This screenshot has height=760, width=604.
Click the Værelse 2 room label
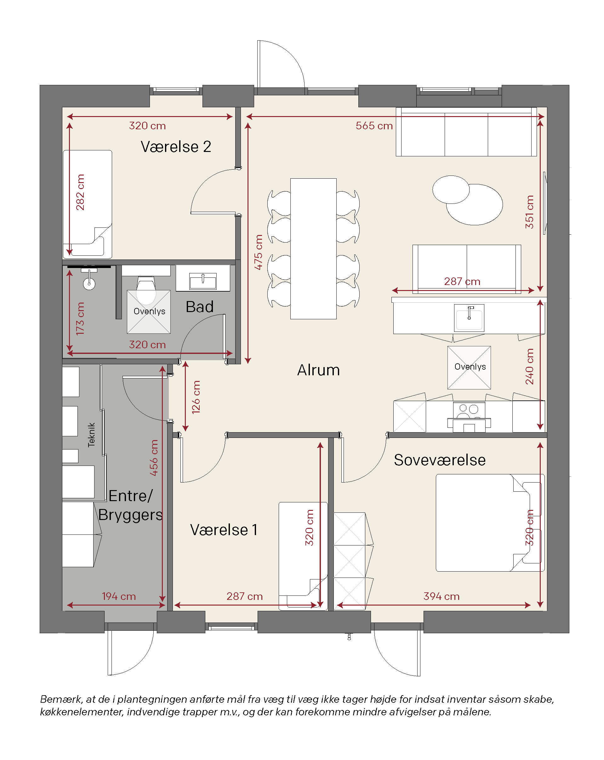pos(176,147)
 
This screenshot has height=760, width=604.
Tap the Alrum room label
pos(318,370)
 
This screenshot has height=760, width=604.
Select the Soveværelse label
pos(440,460)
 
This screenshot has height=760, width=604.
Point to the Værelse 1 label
pos(224,530)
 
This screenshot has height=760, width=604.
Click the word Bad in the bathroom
pos(199,307)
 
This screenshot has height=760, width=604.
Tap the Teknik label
pos(91,435)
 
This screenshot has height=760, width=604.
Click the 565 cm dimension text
pos(374,126)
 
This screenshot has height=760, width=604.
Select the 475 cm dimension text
pos(258,252)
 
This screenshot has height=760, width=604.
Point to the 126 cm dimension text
pos(196,397)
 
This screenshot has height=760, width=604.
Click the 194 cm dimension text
pos(119,596)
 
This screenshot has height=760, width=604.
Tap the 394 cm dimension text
pos(442,596)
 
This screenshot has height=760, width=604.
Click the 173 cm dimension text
pos(80,319)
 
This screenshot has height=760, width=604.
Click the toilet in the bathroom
pos(146,290)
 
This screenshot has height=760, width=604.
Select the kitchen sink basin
pos(469,318)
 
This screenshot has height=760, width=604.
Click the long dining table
pos(313,249)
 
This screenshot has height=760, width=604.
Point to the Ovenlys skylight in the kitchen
pos(469,368)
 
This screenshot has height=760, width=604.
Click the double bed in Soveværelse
pos(490,523)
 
